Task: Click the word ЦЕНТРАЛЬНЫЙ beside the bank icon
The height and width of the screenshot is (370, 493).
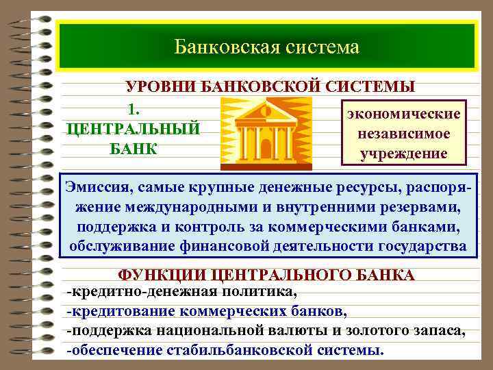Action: [x=132, y=129]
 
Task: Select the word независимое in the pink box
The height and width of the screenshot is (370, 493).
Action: [x=404, y=133]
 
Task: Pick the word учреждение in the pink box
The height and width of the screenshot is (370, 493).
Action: [x=404, y=153]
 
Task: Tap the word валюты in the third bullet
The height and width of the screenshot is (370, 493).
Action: [x=293, y=332]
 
